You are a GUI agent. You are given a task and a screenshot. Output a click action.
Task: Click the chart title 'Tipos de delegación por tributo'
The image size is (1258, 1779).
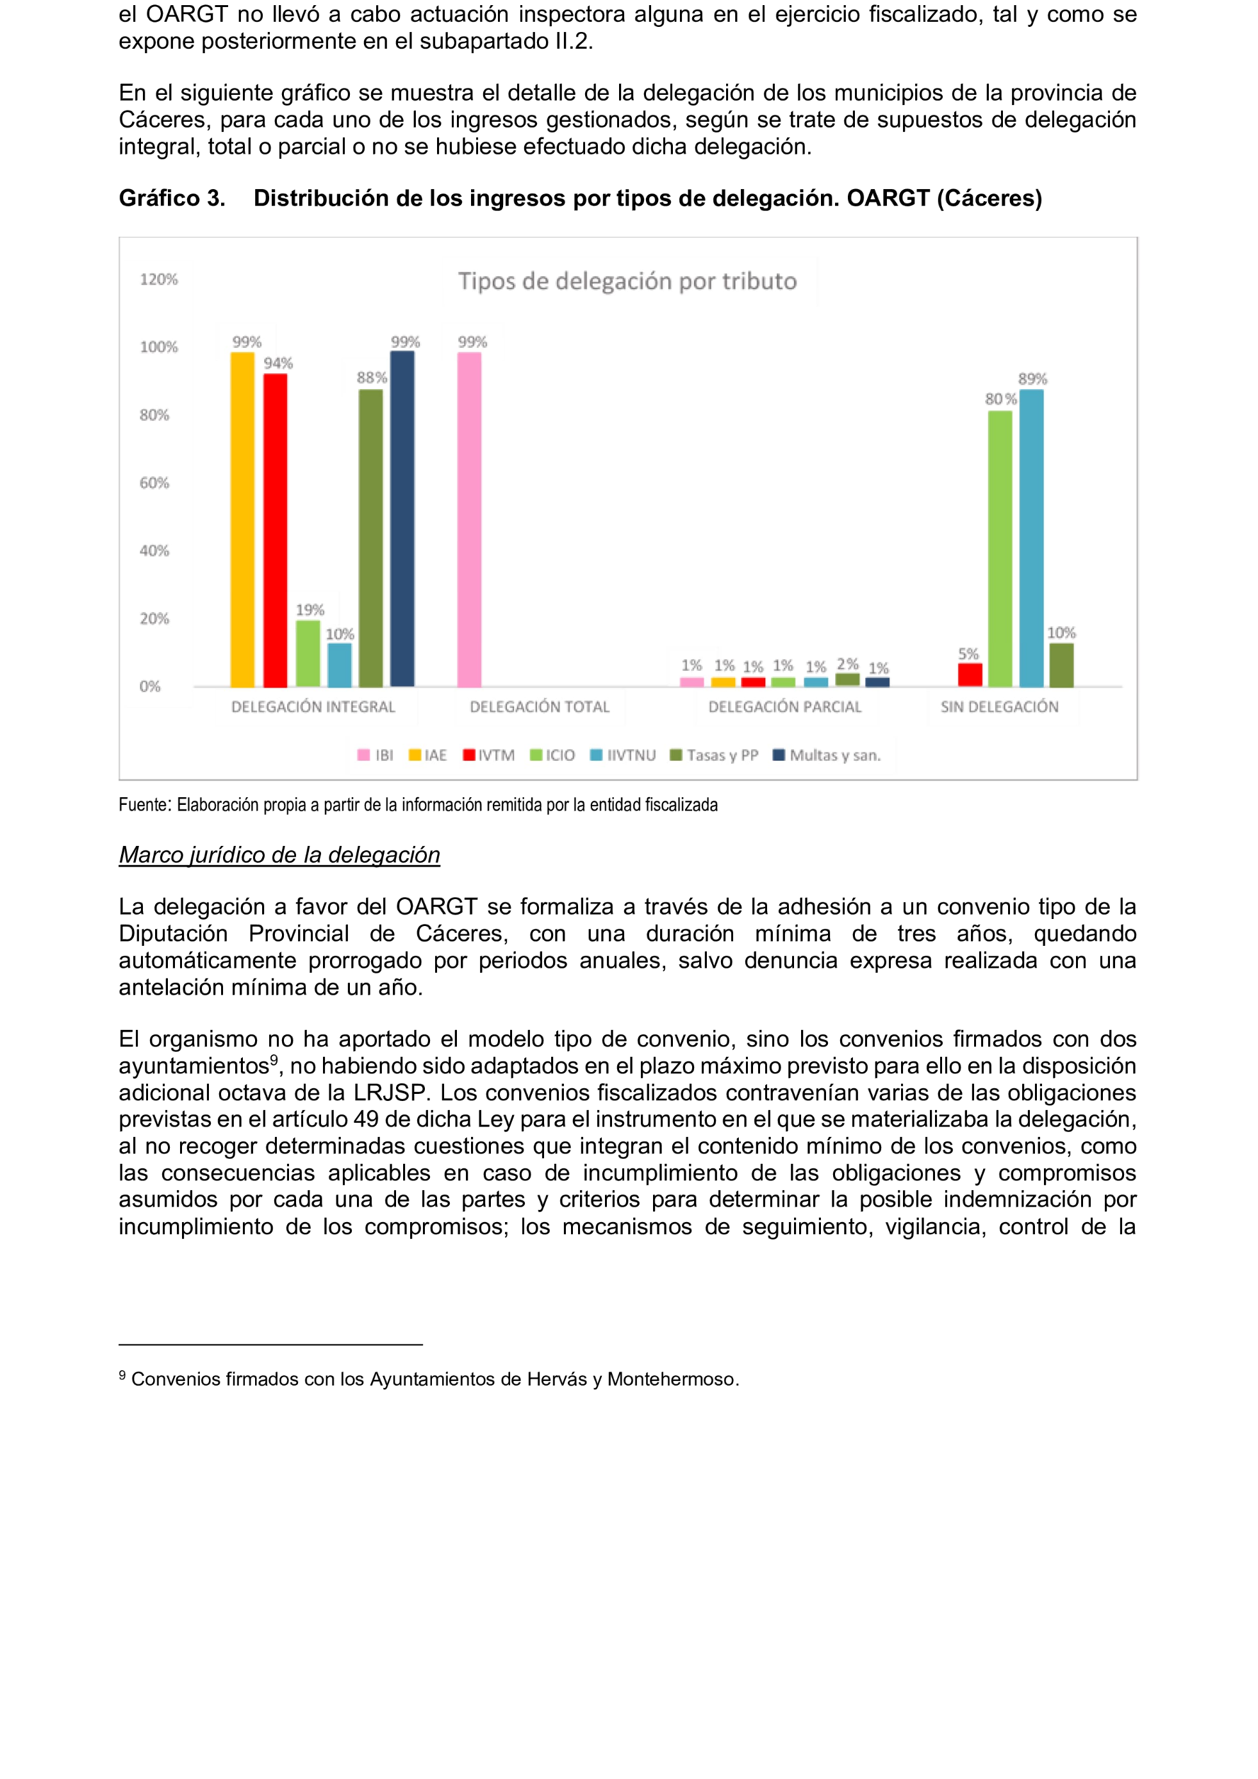click(x=627, y=281)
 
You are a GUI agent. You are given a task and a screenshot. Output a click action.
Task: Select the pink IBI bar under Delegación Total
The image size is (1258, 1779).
click(x=469, y=519)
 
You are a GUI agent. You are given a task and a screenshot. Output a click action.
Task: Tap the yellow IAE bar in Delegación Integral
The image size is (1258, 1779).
click(x=242, y=519)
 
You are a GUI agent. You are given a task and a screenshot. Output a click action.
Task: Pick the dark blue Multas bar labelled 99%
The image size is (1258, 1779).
click(x=402, y=519)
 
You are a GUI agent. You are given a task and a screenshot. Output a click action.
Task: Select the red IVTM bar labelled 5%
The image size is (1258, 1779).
click(x=970, y=675)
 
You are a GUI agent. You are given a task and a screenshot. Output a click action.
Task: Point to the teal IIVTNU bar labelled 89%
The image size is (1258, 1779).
click(x=1031, y=538)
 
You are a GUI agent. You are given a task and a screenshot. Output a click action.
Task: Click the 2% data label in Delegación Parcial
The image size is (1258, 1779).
click(x=847, y=664)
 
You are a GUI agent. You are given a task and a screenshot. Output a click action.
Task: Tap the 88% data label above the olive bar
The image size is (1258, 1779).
click(x=371, y=377)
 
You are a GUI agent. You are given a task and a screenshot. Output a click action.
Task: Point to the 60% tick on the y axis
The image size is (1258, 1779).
click(x=154, y=483)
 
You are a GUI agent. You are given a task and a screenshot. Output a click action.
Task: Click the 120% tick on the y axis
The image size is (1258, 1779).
click(x=159, y=279)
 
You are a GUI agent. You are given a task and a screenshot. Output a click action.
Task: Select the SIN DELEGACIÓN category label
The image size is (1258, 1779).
click(x=999, y=707)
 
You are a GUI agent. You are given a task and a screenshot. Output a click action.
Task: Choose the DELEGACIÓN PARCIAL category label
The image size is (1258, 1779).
click(x=784, y=707)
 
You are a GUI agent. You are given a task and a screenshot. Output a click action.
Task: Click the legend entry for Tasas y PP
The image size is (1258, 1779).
click(x=714, y=756)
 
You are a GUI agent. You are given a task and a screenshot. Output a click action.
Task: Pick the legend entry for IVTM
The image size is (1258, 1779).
click(x=489, y=756)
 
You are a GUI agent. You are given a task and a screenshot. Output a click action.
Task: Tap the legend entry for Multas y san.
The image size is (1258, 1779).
click(x=827, y=756)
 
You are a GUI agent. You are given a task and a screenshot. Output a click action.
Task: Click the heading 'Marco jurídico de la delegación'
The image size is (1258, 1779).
click(x=279, y=855)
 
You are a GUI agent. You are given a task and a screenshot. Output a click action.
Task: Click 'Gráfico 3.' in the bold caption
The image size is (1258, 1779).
click(x=172, y=199)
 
